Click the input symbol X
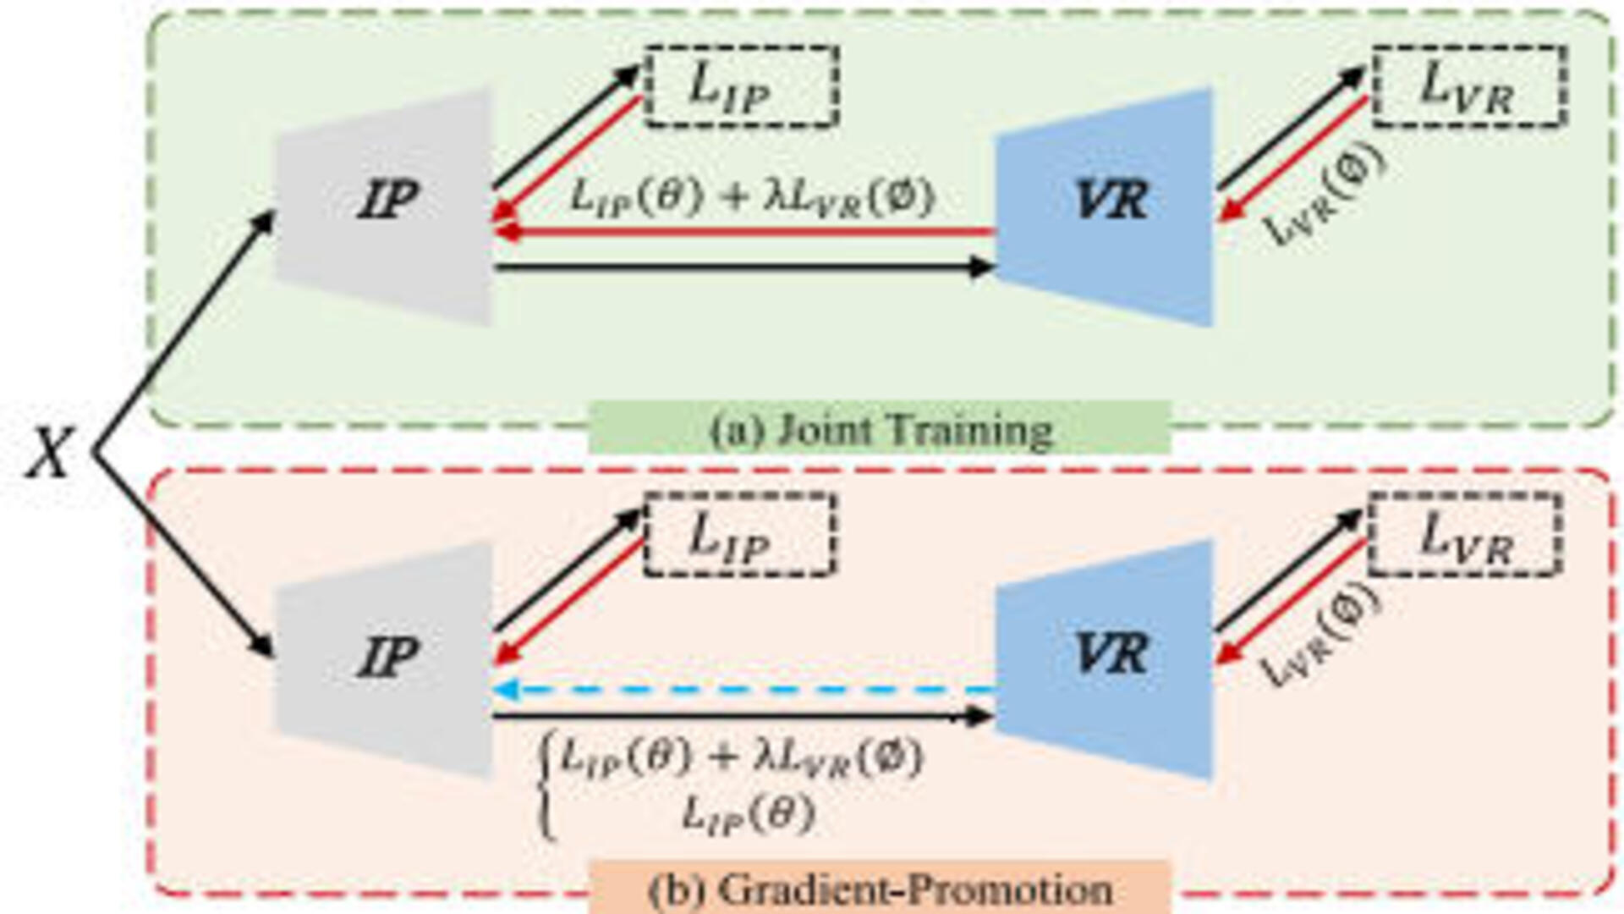(49, 454)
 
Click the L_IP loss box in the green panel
(741, 86)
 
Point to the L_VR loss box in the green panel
(1468, 86)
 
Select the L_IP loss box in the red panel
(739, 535)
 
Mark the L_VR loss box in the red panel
(1464, 535)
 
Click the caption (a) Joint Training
(880, 429)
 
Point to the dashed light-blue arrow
(744, 690)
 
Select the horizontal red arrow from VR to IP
(744, 231)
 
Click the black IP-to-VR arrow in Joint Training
(744, 268)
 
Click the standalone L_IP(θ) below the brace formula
(749, 815)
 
